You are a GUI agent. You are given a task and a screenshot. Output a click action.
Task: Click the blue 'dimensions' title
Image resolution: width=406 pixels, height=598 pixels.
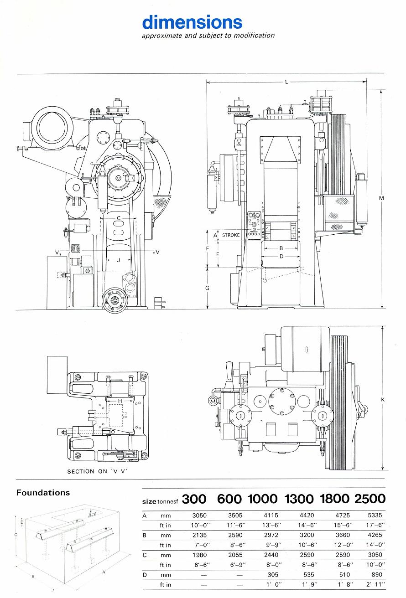(192, 22)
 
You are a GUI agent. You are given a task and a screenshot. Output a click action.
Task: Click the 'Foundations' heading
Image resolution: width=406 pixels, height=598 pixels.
(43, 493)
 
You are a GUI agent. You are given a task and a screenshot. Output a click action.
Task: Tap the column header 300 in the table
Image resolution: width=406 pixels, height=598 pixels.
(194, 499)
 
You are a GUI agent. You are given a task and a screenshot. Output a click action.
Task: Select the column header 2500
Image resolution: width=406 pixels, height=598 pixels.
(368, 499)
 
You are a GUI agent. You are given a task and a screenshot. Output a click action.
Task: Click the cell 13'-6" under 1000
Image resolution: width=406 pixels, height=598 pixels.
(271, 525)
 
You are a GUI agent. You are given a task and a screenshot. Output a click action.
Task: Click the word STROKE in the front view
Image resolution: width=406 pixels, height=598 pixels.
(231, 235)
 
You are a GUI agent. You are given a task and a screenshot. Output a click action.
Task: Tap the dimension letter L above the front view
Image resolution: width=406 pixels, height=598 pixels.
(286, 82)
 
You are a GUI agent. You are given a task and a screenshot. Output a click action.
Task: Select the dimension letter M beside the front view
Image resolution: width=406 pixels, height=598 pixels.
(381, 198)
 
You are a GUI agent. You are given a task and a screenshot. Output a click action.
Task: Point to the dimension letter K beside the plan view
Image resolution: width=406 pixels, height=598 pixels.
(383, 399)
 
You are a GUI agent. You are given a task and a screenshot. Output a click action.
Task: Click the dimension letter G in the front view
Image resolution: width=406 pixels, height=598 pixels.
(207, 289)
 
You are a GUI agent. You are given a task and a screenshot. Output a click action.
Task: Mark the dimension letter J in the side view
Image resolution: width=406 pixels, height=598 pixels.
(119, 260)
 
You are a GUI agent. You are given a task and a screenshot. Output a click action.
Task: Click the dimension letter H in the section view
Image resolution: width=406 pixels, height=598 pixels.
(120, 401)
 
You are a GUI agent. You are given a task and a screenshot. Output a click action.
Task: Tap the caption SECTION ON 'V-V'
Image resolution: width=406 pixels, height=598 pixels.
(97, 471)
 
